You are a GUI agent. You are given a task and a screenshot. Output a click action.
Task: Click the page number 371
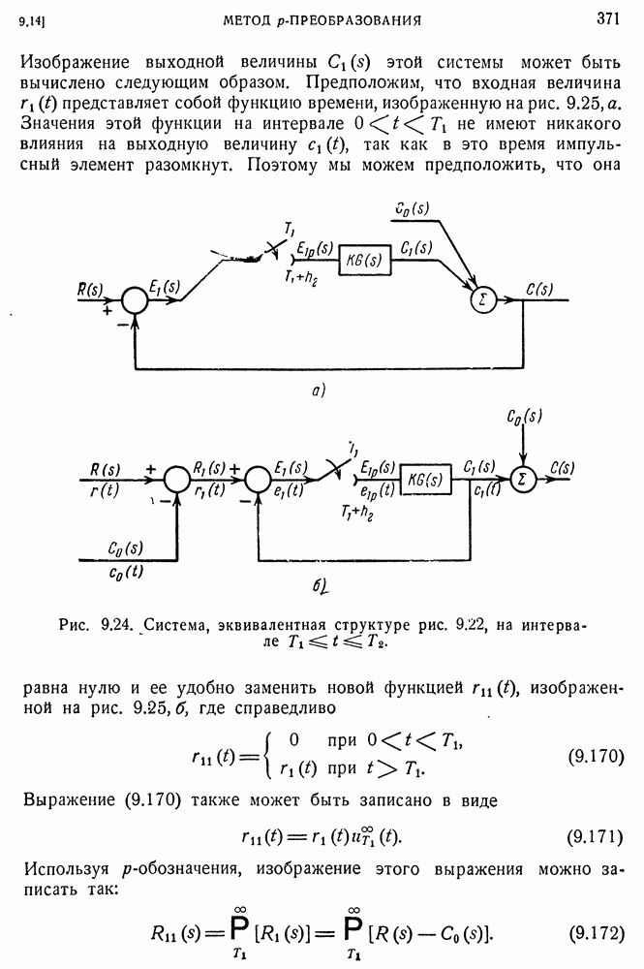point(607,19)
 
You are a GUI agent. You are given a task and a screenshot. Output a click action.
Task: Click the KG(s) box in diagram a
point(364,260)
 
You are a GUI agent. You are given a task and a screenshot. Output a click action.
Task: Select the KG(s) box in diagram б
point(426,480)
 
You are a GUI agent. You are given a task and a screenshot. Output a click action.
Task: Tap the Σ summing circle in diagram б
point(523,480)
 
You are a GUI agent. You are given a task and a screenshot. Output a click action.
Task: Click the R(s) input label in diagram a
point(90,290)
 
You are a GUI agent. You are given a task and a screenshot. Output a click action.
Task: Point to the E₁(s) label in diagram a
point(165,287)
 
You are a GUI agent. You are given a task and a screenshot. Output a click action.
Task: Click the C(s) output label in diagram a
point(539,289)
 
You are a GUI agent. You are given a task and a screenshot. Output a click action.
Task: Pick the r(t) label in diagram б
point(105,490)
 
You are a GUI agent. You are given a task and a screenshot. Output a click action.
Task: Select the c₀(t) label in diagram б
point(126,572)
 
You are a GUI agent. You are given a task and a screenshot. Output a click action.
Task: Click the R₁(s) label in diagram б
point(209,468)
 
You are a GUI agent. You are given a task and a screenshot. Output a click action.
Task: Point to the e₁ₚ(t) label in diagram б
point(377,490)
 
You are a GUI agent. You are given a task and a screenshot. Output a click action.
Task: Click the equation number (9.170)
point(596,756)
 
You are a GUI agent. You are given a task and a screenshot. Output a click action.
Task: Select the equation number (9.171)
point(596,837)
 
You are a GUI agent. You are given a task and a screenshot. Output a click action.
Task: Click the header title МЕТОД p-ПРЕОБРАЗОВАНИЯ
point(322,20)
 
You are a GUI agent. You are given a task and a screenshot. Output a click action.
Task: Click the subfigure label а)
point(318,391)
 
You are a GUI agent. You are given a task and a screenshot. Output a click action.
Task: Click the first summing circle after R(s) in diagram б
point(177,479)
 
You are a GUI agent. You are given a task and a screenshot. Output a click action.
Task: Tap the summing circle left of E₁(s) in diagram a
point(134,301)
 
